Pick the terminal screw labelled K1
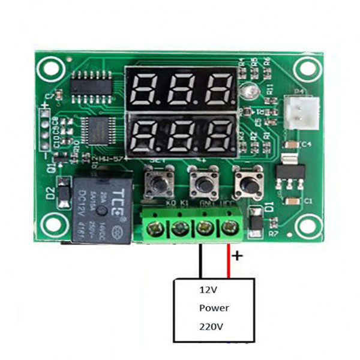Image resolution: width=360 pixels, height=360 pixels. click(x=179, y=228)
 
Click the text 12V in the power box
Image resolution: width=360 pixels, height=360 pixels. click(x=208, y=290)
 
